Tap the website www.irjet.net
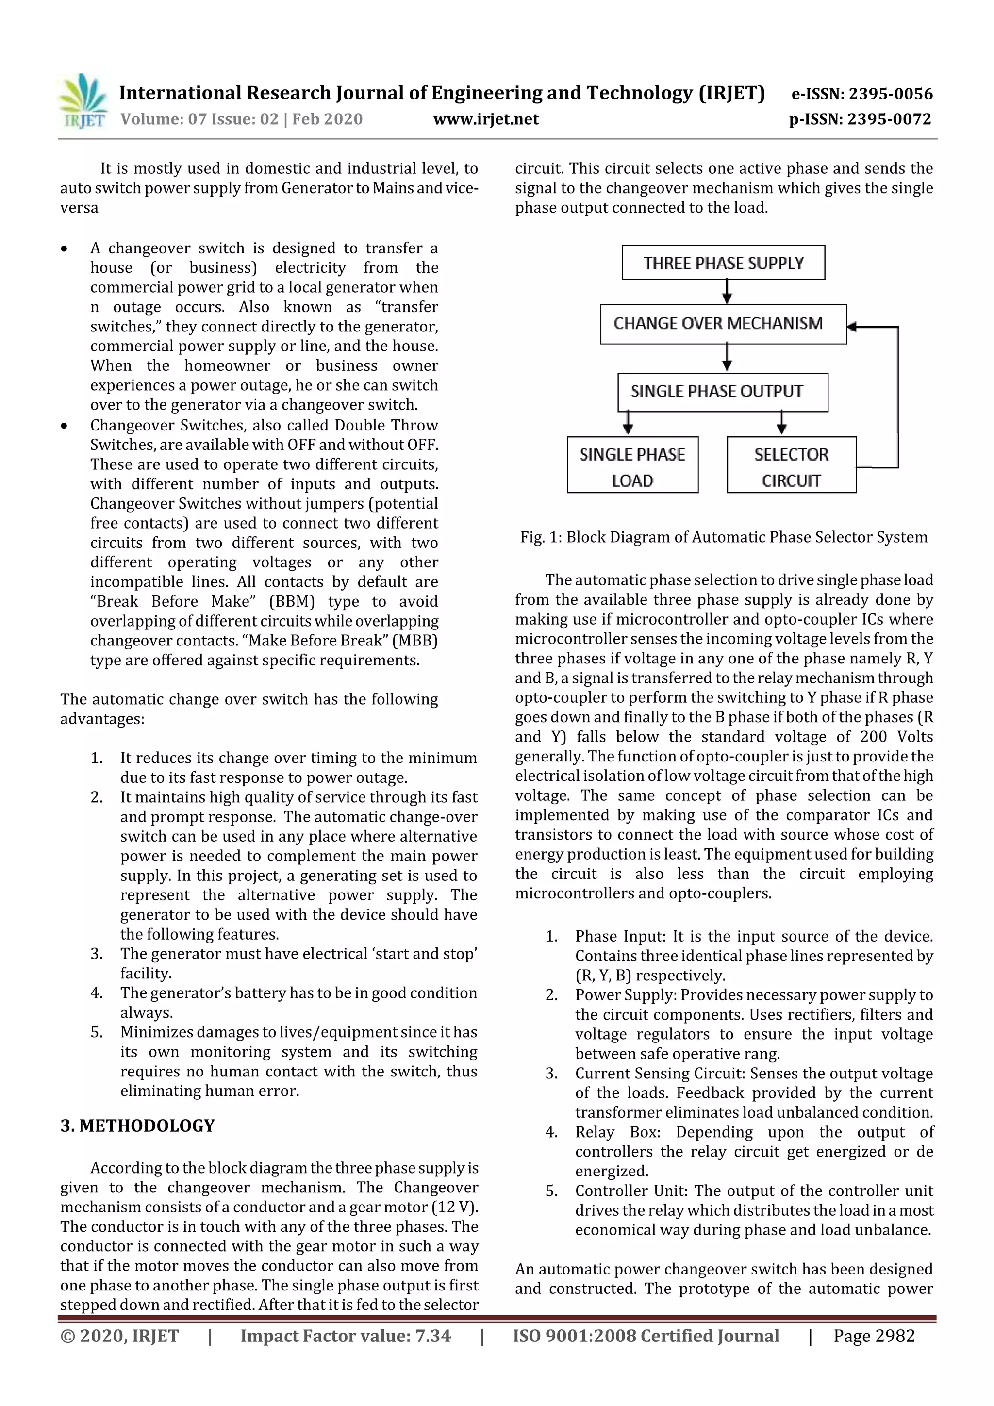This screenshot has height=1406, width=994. point(486,119)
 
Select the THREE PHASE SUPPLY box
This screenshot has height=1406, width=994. point(723,263)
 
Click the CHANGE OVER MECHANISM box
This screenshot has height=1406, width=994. point(723,323)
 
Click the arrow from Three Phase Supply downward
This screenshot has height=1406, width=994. point(727,292)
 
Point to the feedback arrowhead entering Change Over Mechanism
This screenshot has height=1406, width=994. point(853,327)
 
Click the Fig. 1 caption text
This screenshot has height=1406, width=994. point(723,537)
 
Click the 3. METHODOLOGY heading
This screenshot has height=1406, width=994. point(137,1126)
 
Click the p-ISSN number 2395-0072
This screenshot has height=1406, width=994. point(889,119)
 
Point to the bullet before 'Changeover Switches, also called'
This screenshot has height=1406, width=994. point(64,426)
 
